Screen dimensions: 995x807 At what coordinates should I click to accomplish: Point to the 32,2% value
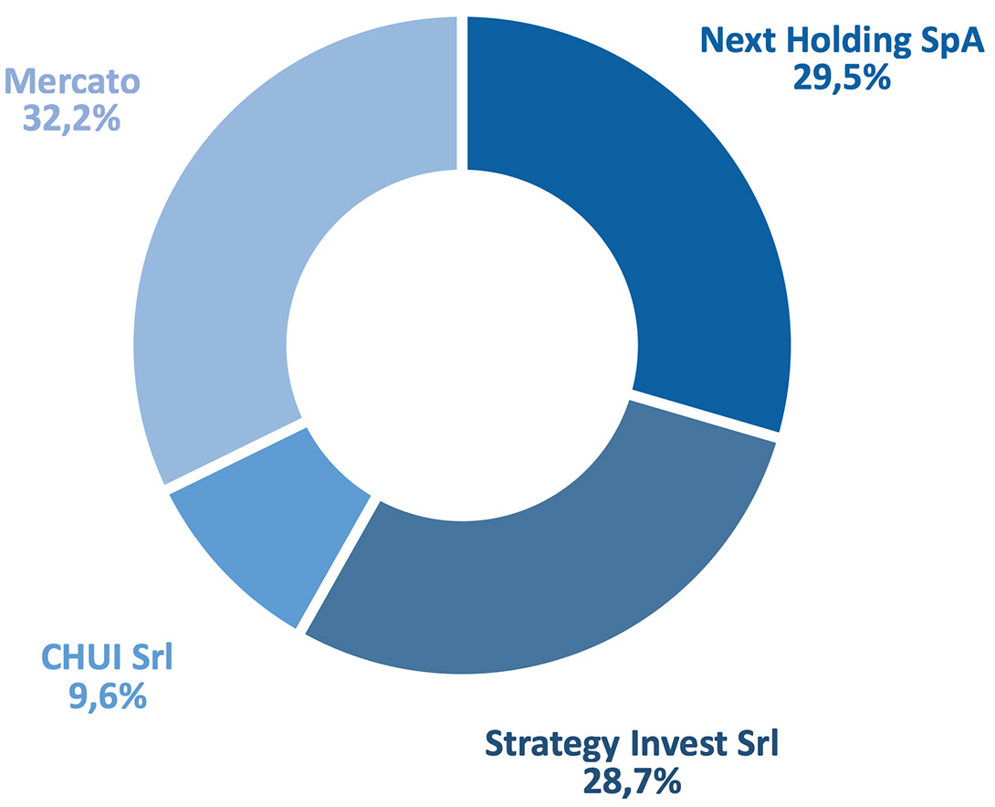tap(72, 118)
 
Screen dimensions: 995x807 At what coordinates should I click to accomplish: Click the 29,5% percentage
tap(842, 78)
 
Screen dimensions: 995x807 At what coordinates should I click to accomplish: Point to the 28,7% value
tap(632, 781)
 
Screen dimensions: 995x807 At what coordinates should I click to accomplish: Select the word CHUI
tap(80, 657)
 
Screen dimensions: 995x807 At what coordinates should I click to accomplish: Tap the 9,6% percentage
tap(108, 696)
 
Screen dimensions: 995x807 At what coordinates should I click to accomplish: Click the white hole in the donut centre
tap(462, 346)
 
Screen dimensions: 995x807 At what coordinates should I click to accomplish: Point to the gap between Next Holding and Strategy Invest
tap(705, 414)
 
